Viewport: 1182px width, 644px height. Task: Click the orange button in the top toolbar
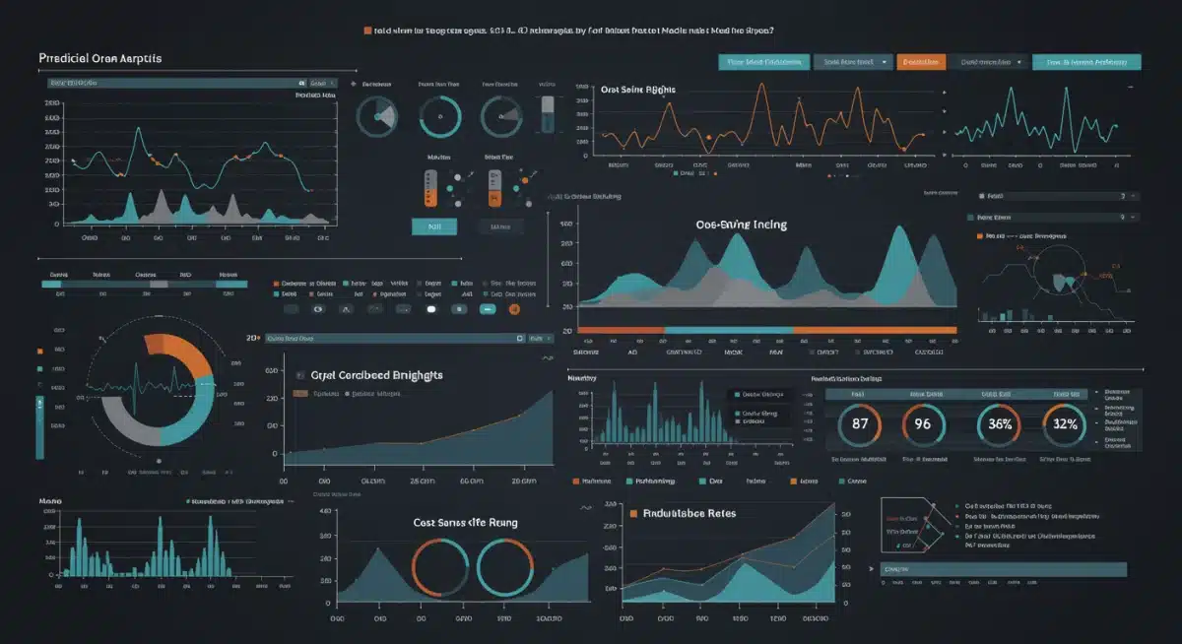(x=921, y=62)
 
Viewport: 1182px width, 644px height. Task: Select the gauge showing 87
(x=860, y=424)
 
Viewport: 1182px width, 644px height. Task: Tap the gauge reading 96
(x=923, y=424)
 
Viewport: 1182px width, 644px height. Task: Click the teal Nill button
(x=433, y=226)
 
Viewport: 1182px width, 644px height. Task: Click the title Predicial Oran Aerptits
(x=100, y=58)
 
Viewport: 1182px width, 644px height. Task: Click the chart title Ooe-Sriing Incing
(x=741, y=225)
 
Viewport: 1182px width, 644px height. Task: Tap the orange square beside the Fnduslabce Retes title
(x=633, y=513)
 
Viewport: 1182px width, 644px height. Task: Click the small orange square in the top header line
(x=368, y=31)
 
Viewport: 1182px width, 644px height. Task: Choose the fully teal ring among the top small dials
(x=439, y=116)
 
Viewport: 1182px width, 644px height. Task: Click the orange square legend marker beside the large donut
(x=39, y=351)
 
